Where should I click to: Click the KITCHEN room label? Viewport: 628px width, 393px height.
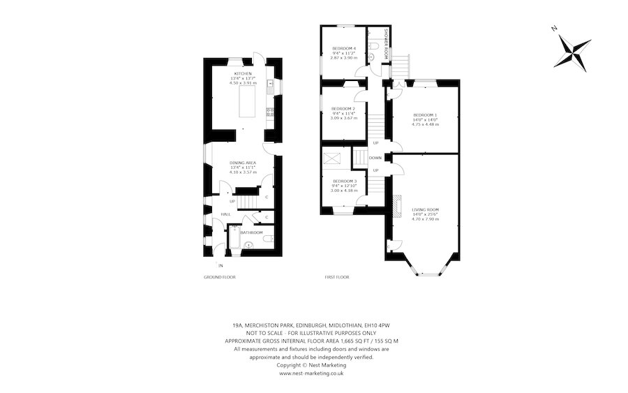[x=243, y=73]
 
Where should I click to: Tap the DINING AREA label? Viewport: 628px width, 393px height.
[x=243, y=163]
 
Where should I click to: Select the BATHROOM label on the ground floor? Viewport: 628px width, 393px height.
[x=251, y=232]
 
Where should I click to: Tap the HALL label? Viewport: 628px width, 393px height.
[x=226, y=214]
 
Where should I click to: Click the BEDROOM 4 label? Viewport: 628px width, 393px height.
[x=343, y=48]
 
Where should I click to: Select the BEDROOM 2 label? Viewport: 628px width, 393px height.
[x=343, y=109]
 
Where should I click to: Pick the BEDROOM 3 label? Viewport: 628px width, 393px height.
[x=343, y=180]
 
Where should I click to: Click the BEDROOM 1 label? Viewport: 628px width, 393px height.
[x=425, y=114]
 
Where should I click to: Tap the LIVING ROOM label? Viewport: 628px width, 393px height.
[x=425, y=209]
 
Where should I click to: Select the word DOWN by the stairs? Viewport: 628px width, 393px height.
[x=375, y=158]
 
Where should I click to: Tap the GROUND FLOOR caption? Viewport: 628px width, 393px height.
[x=219, y=277]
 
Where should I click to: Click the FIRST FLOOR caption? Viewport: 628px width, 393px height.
[x=337, y=277]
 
